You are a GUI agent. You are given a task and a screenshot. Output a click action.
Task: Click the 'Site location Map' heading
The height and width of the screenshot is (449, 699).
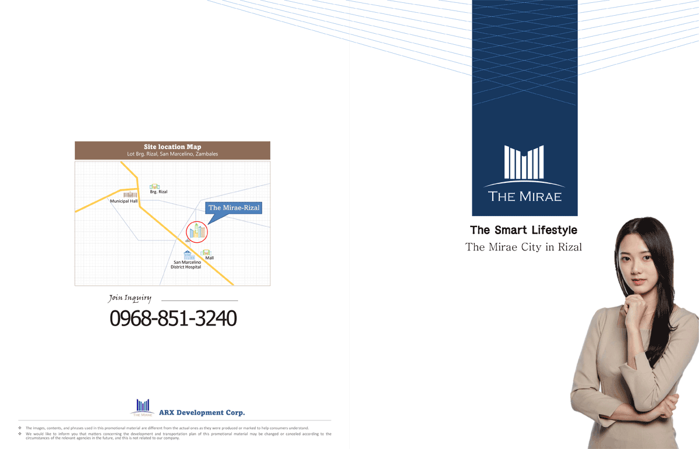[172, 147]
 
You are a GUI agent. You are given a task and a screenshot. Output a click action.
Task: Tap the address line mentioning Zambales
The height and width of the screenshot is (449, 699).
[172, 154]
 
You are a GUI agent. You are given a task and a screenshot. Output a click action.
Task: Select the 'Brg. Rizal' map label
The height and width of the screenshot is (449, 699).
[158, 192]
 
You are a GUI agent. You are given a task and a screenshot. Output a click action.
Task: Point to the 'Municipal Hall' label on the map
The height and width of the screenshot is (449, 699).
[123, 201]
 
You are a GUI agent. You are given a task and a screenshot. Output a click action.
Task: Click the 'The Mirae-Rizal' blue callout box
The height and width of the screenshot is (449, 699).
[234, 208]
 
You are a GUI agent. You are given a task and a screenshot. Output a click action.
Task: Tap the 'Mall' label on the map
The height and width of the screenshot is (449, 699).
[209, 258]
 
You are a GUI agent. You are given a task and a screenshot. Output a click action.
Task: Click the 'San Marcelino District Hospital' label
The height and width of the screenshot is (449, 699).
[186, 264]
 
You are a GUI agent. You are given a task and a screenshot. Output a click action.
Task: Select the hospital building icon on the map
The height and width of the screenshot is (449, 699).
[189, 255]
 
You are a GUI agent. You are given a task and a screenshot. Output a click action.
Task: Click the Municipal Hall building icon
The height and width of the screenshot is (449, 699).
[130, 195]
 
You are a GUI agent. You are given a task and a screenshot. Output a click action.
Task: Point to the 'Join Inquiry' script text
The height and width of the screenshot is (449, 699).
[130, 298]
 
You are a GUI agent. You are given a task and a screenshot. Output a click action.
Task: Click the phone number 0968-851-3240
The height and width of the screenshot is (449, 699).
[173, 319]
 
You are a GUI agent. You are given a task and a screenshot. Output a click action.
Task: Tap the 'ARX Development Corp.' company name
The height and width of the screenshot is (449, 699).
[202, 412]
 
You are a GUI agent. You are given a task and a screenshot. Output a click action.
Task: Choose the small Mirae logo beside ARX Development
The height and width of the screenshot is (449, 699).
[143, 408]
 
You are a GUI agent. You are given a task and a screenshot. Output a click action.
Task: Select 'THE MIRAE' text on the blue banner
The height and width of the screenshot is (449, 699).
[525, 197]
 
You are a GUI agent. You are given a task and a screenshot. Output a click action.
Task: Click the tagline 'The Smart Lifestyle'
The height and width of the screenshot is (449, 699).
[524, 230]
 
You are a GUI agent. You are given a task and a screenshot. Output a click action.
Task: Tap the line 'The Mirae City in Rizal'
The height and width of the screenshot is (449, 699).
[524, 247]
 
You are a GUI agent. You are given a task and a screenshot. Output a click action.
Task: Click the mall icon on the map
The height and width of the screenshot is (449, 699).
[206, 252]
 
